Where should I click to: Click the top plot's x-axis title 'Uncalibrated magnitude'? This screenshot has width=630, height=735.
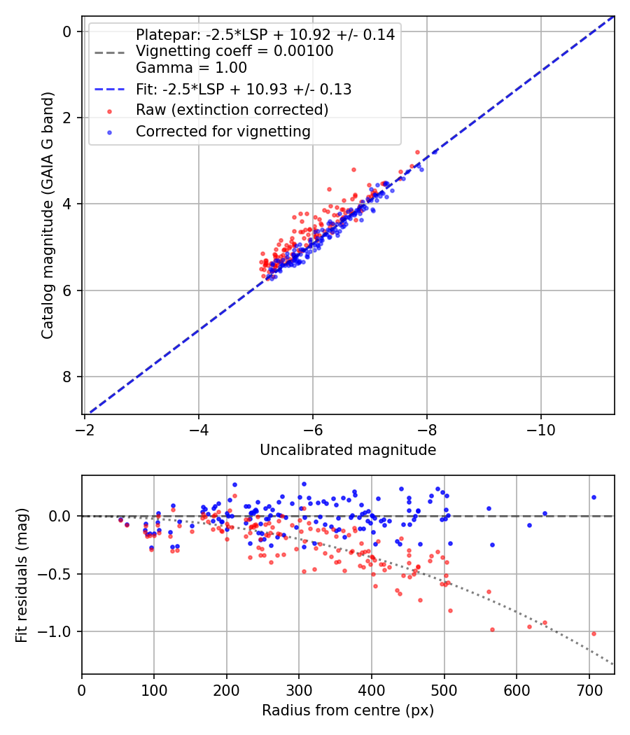(x=348, y=450)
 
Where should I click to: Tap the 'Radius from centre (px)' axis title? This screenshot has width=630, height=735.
(x=348, y=710)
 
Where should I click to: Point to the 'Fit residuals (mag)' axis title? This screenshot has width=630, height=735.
(x=22, y=575)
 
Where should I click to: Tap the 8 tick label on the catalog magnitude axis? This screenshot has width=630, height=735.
(x=67, y=377)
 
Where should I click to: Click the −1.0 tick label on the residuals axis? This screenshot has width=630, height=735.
(x=58, y=631)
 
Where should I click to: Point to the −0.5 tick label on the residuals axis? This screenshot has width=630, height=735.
(x=58, y=574)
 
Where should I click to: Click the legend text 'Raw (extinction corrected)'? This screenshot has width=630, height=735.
(x=232, y=110)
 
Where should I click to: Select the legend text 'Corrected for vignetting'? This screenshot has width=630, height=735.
(x=223, y=131)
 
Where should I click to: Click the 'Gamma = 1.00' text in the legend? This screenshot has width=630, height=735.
(x=191, y=68)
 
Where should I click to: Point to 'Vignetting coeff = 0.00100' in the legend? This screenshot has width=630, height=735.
(x=234, y=51)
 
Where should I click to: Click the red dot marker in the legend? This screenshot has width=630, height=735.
(x=109, y=111)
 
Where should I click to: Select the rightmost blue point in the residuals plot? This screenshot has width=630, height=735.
(x=594, y=497)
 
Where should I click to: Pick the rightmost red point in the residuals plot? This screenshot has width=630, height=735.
(x=594, y=633)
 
